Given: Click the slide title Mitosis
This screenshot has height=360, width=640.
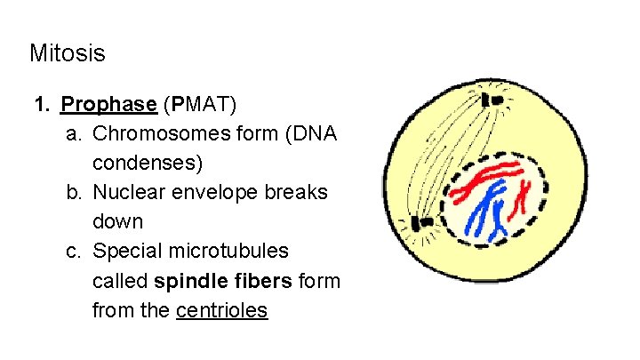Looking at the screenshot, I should [x=67, y=53].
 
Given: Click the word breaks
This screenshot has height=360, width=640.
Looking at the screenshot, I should [x=297, y=193].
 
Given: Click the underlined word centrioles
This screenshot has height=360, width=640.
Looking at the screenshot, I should [x=221, y=311].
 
